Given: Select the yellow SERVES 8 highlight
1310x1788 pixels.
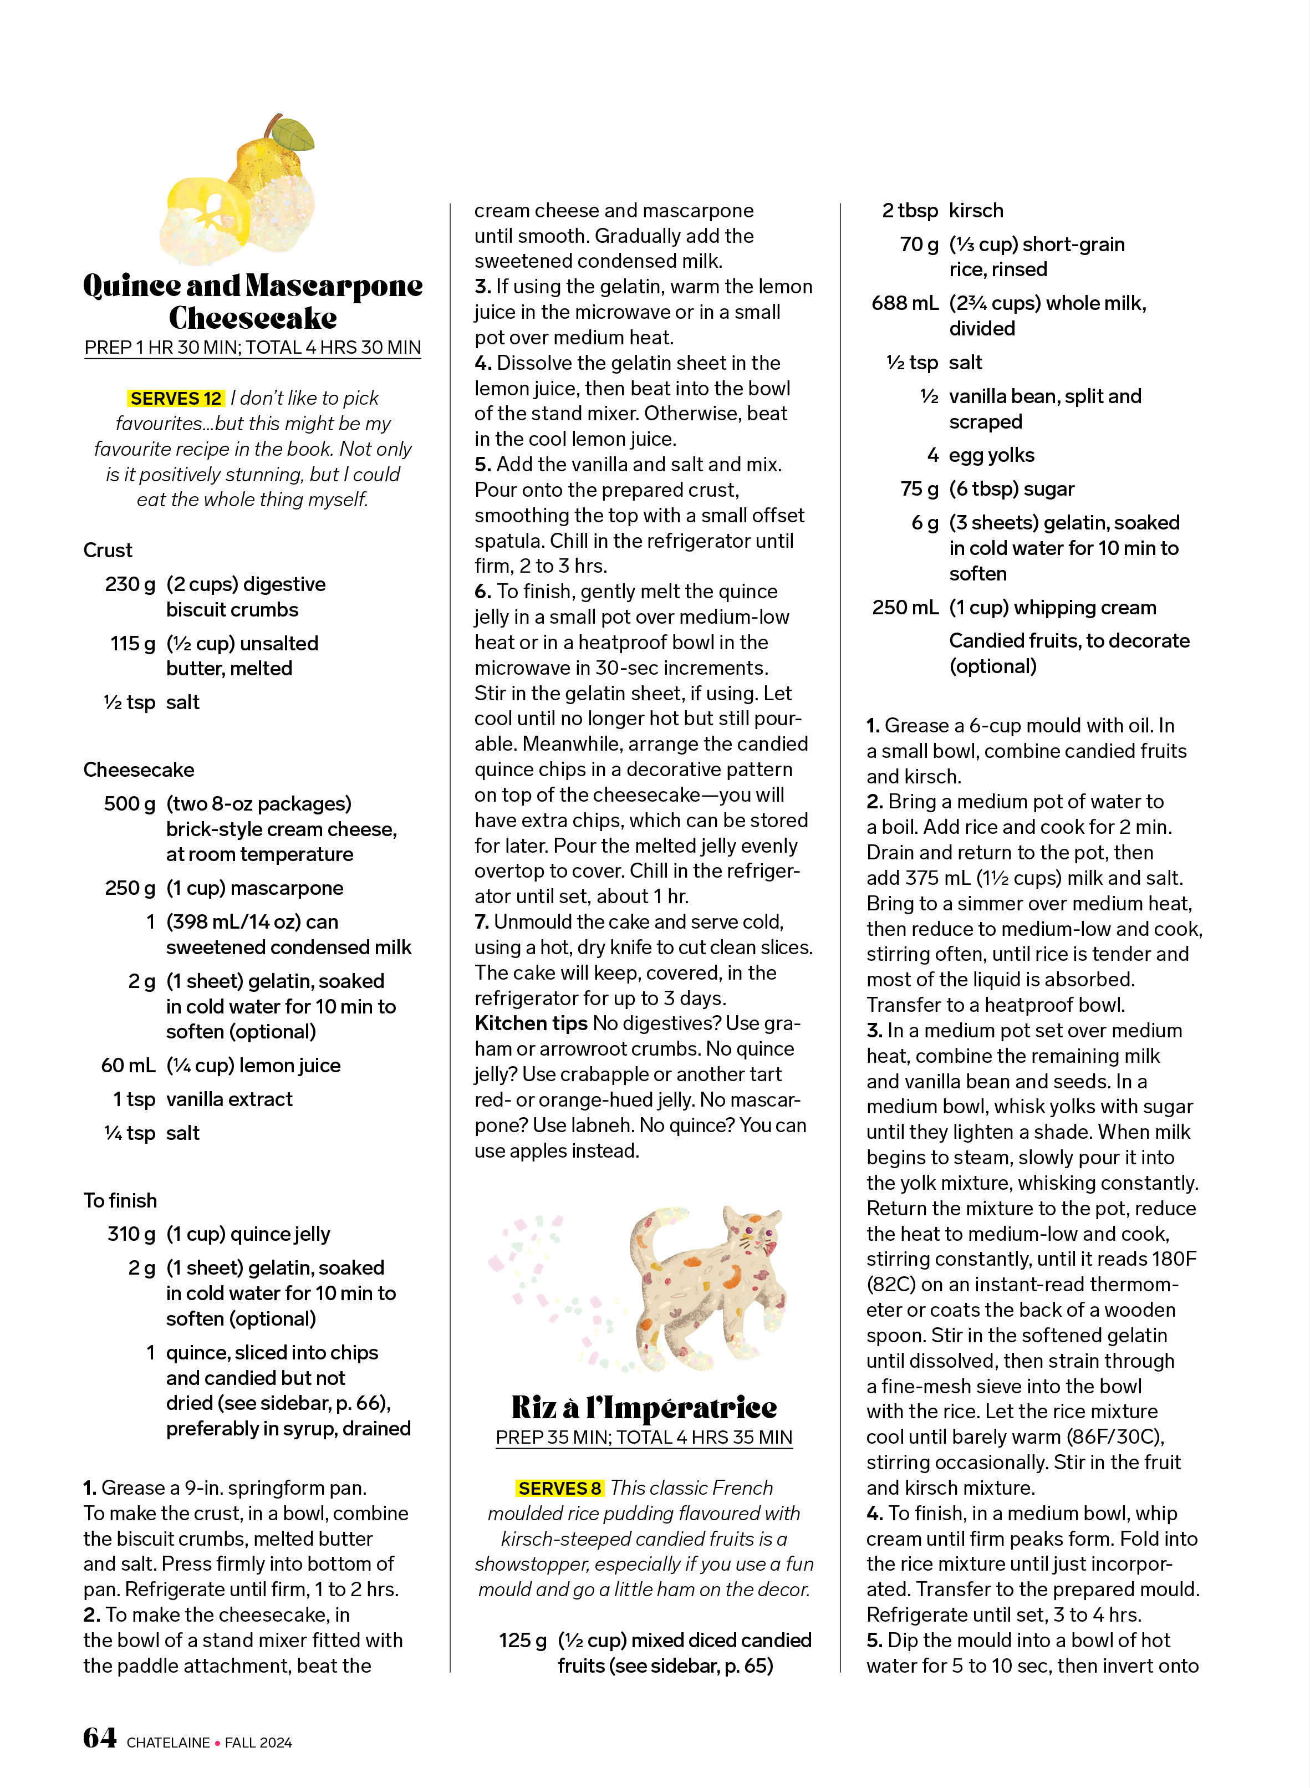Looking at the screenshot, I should (x=559, y=1488).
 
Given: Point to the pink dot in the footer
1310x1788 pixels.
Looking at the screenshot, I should (x=217, y=1743).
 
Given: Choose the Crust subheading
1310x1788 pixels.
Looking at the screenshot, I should (x=108, y=551).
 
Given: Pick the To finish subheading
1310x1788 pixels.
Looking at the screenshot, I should (x=120, y=1200).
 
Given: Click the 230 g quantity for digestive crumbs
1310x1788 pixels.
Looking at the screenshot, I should (x=130, y=584).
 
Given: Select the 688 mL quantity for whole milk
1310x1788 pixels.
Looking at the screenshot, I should (x=904, y=303).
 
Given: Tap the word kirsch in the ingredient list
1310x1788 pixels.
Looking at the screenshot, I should (x=976, y=211).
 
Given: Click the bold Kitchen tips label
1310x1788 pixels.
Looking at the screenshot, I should (x=531, y=1023).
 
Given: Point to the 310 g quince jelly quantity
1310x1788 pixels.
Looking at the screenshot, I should (x=131, y=1235).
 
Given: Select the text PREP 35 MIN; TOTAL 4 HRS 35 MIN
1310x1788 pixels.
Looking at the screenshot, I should (x=644, y=1438).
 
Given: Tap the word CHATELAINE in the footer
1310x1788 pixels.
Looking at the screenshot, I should (x=168, y=1743).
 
